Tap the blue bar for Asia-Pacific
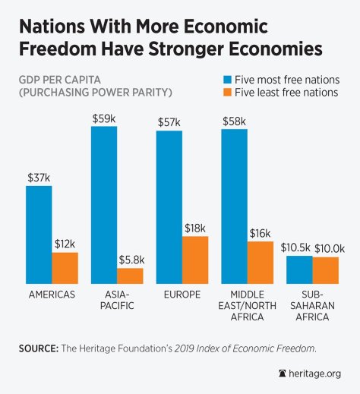pos(104,204)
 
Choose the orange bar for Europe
pos(195,259)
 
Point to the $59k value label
pos(103,118)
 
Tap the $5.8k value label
pos(131,260)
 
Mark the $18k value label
pos(195,228)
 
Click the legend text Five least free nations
pos(287,94)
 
